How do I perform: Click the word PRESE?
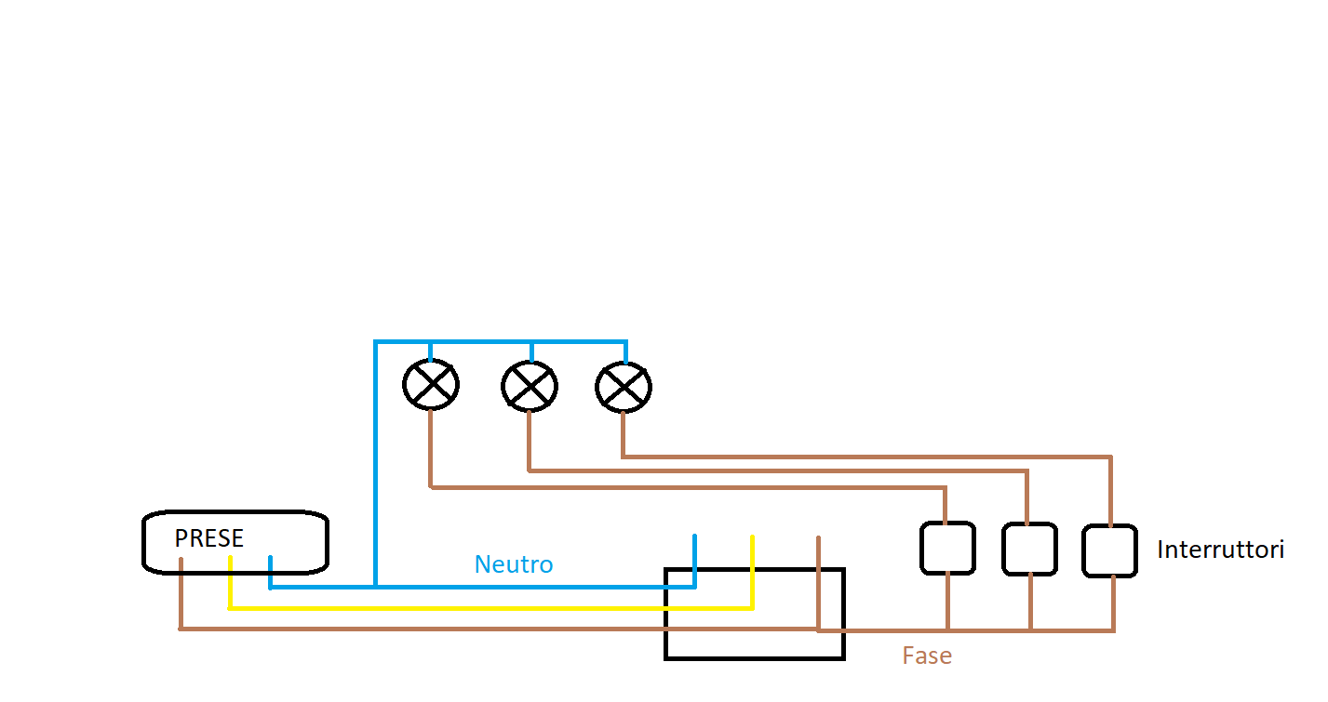point(209,538)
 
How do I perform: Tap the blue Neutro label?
point(514,564)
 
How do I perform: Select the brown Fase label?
point(927,656)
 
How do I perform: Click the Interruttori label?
point(1220,550)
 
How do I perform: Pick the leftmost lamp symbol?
point(431,385)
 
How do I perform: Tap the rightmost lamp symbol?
point(624,387)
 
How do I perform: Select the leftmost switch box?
point(947,548)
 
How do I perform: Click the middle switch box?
point(1029,549)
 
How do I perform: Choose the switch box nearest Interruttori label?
point(1109,550)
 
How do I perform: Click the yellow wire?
point(484,608)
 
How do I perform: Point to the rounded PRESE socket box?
point(235,541)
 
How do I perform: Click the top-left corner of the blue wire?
point(376,343)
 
